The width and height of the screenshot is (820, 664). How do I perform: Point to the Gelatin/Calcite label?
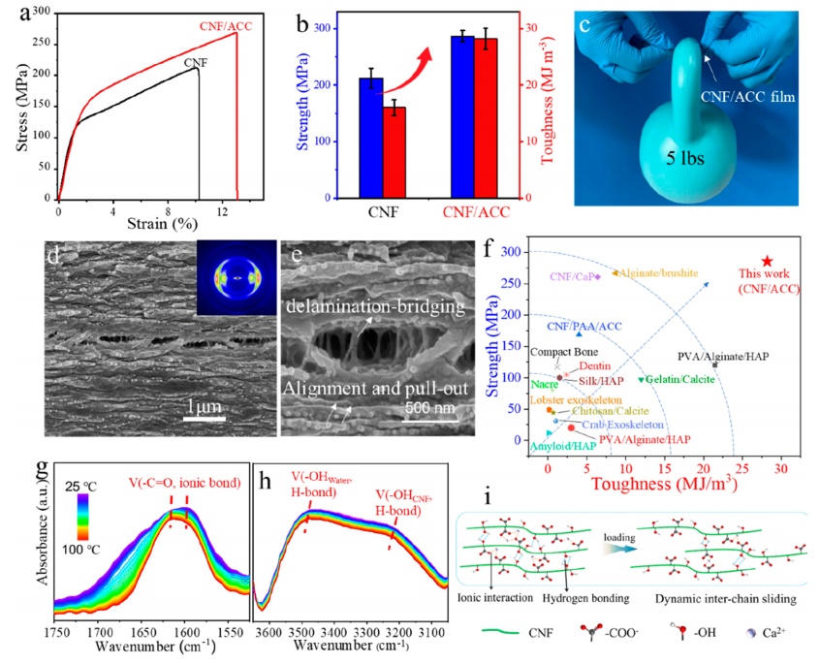coord(682,379)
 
